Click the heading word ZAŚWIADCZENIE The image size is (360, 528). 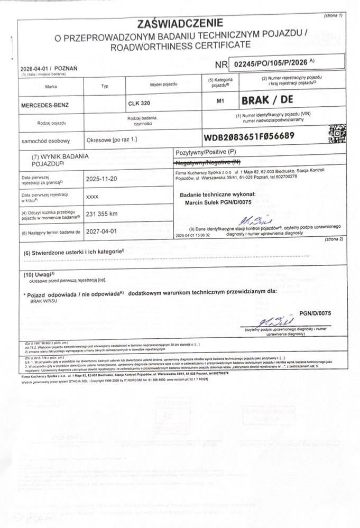pyautogui.click(x=180, y=23)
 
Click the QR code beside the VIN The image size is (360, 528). pyautogui.click(x=336, y=134)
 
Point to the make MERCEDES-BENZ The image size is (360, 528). pyautogui.click(x=45, y=105)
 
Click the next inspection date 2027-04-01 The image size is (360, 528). pyautogui.click(x=101, y=231)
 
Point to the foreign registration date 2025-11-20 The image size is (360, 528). pyautogui.click(x=101, y=179)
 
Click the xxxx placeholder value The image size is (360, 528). pyautogui.click(x=92, y=196)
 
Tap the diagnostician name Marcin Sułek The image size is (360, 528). pyautogui.click(x=206, y=202)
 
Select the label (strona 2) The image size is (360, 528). pyautogui.click(x=334, y=239)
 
